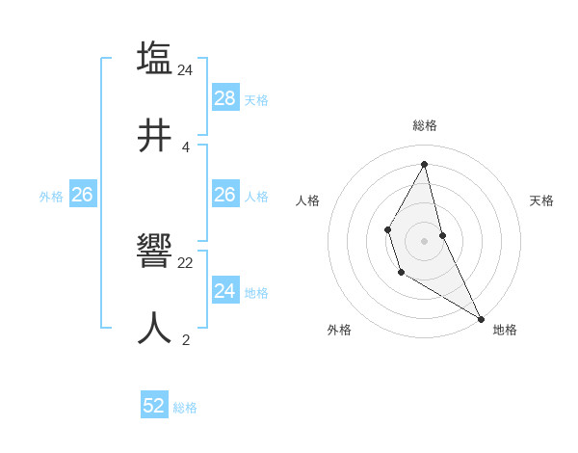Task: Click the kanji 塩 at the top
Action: pos(155,58)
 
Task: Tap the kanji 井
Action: pos(155,136)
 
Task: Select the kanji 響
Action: pos(155,253)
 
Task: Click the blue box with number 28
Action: pos(225,98)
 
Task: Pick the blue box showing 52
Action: pos(154,406)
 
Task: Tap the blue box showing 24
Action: pos(225,291)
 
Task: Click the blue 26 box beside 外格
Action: pos(82,195)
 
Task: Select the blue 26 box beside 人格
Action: pos(225,195)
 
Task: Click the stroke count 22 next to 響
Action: pos(186,262)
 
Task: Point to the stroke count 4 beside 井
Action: pos(186,147)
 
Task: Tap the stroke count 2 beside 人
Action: pos(186,339)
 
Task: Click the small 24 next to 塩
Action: pos(186,69)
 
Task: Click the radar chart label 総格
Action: pos(425,125)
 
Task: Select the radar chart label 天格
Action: pos(541,200)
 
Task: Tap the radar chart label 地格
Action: pos(505,331)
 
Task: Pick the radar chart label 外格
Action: pos(339,331)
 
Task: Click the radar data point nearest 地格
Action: pos(481,317)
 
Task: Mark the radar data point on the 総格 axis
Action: pos(425,163)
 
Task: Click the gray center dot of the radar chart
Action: pos(425,240)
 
